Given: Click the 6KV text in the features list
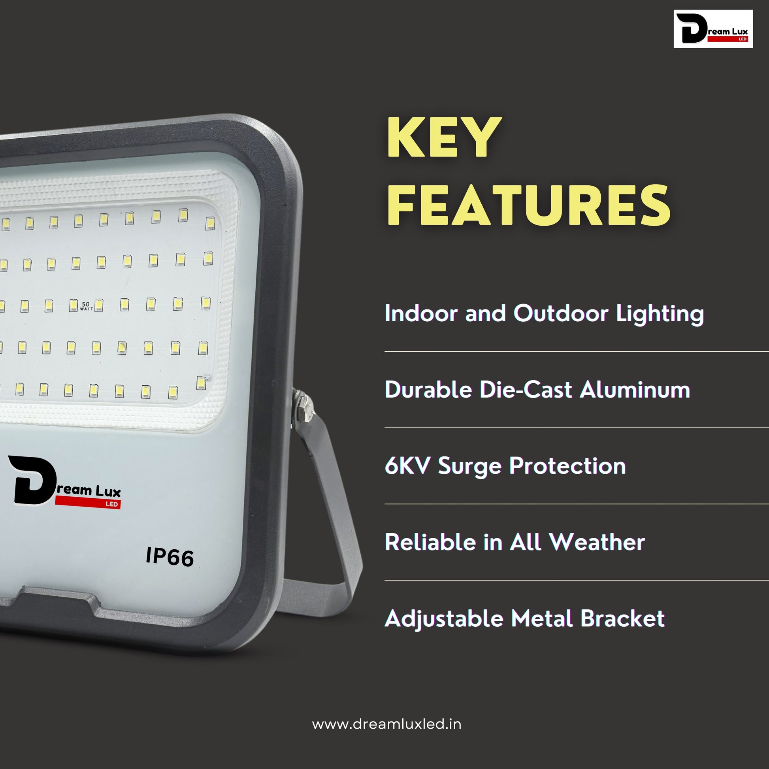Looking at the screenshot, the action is click(x=407, y=466).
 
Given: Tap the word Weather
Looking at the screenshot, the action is click(x=597, y=542).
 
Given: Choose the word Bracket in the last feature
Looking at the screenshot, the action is click(x=622, y=618).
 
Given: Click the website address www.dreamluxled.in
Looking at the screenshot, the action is click(x=387, y=724).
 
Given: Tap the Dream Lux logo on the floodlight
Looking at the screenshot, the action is click(x=64, y=481).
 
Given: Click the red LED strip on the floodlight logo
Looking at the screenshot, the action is click(x=88, y=503).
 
